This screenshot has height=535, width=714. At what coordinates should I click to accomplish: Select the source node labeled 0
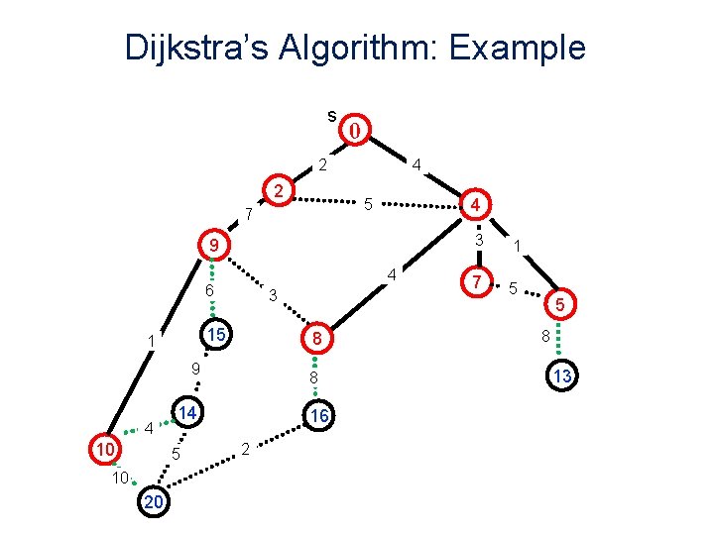(x=356, y=130)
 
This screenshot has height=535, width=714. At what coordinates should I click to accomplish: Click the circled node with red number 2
(x=281, y=190)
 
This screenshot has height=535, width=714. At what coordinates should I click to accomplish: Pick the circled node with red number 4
(x=476, y=205)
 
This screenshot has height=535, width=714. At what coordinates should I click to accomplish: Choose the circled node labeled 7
(x=478, y=283)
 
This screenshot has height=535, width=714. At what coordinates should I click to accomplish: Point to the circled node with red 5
(x=560, y=306)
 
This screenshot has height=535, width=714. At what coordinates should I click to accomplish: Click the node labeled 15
(x=213, y=336)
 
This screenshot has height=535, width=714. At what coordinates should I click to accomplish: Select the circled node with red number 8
(x=314, y=339)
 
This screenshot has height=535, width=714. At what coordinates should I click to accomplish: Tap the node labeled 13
(x=562, y=375)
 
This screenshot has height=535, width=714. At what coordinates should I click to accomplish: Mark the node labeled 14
(x=186, y=410)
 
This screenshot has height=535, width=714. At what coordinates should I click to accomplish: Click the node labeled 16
(x=317, y=417)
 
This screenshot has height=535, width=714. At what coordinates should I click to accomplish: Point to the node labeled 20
(x=155, y=502)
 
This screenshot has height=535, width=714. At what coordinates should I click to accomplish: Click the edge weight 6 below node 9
(x=209, y=291)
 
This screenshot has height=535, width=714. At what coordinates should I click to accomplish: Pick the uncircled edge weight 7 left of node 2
(x=249, y=213)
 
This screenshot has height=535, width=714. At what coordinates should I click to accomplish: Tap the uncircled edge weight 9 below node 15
(x=196, y=370)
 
